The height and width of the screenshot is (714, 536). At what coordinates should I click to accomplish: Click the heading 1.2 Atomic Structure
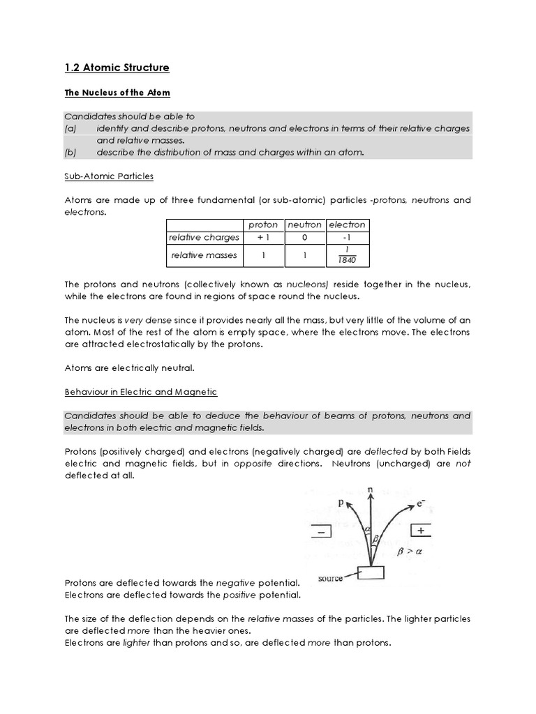(x=117, y=68)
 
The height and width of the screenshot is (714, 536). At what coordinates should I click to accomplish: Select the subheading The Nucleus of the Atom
(x=117, y=92)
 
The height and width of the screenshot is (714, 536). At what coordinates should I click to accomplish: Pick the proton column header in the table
(x=262, y=225)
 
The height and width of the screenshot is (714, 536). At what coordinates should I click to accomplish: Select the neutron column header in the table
(x=304, y=225)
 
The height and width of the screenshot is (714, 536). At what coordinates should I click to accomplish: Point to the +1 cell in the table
(x=262, y=238)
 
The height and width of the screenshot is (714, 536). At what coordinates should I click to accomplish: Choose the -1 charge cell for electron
(x=347, y=238)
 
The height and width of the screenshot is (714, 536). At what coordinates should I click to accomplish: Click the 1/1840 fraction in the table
(x=347, y=255)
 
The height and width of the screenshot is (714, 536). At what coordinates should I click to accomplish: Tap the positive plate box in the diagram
(x=420, y=531)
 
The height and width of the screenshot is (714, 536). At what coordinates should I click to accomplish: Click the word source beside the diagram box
(x=330, y=578)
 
